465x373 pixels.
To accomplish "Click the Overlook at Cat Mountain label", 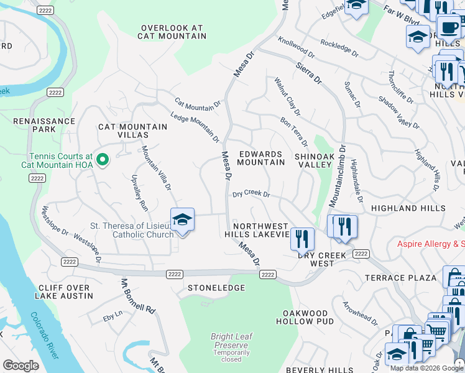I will pos(172,32).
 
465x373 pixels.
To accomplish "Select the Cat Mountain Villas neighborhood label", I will pos(132,131).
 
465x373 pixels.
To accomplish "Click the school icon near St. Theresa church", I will pos(182,220).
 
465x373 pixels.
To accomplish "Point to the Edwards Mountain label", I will pos(260,158).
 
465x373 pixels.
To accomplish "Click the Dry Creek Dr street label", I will pos(251,194).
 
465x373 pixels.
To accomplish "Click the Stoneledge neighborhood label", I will pos(216,288).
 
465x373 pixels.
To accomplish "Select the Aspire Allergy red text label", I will pos(431,244).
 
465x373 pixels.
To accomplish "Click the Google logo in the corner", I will pos(21,365).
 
